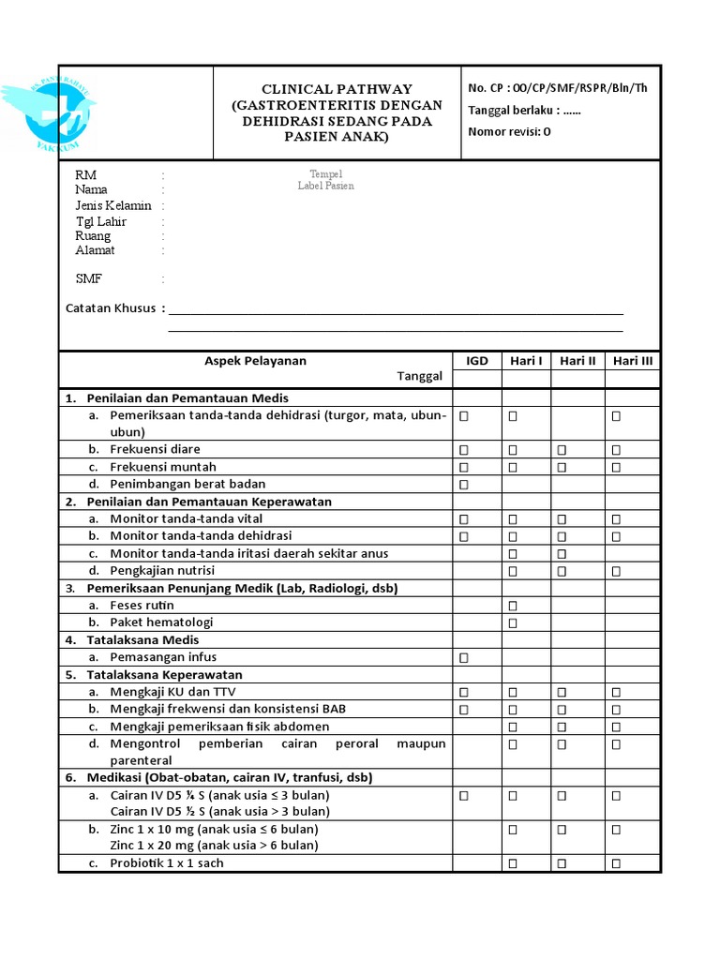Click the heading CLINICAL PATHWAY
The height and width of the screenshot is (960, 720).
click(x=337, y=89)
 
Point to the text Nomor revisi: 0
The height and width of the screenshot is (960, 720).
click(x=509, y=131)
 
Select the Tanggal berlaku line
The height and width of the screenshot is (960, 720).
click(x=524, y=110)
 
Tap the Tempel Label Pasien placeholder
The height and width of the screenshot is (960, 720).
click(x=326, y=181)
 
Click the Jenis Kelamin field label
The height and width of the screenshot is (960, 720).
click(x=113, y=205)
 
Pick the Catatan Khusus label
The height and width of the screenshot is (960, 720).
click(x=111, y=308)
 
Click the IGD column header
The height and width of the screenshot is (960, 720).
click(x=477, y=361)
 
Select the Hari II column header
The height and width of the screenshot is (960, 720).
click(x=577, y=361)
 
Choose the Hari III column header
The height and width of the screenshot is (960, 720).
click(x=633, y=361)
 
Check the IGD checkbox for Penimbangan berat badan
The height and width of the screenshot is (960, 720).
click(x=463, y=485)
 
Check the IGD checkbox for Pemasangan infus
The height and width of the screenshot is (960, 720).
click(x=463, y=658)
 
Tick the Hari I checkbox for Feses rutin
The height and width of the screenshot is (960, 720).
click(x=513, y=606)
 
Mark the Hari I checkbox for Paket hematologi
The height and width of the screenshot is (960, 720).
click(x=513, y=623)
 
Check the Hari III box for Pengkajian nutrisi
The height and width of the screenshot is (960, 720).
click(x=616, y=571)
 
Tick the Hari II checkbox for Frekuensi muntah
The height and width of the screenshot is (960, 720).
click(x=562, y=467)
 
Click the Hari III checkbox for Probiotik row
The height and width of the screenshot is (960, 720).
click(x=616, y=863)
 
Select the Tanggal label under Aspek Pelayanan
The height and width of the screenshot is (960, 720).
click(x=419, y=376)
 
